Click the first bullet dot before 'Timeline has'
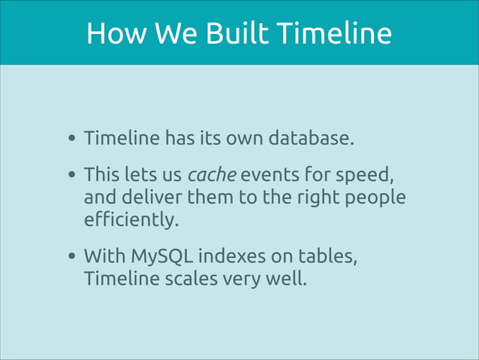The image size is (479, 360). tap(71, 139)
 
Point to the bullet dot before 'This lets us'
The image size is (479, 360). tap(71, 177)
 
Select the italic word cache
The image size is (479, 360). tap(212, 176)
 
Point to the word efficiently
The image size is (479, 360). tap(131, 219)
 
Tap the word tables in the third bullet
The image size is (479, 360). tap(328, 256)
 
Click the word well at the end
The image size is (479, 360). tap(288, 279)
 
